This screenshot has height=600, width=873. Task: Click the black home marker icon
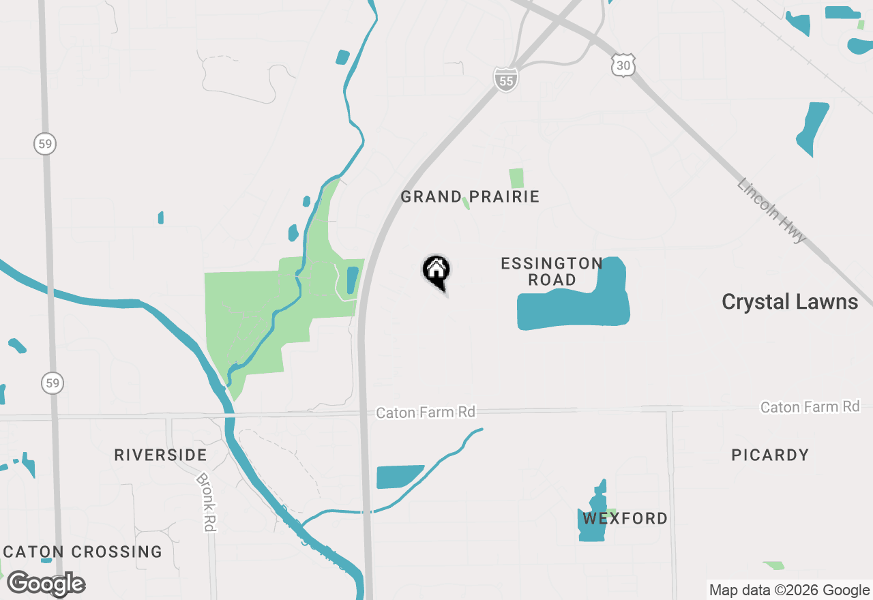click(436, 271)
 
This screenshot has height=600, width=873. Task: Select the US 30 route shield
click(623, 65)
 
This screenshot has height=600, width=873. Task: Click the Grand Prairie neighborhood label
click(470, 197)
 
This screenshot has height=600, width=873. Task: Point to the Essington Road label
click(552, 271)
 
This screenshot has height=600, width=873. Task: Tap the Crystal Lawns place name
click(790, 302)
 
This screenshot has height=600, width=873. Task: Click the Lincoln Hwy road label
click(771, 211)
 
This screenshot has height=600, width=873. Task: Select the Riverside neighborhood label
click(160, 455)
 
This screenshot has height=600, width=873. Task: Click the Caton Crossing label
click(83, 552)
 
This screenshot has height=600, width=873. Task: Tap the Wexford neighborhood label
click(625, 519)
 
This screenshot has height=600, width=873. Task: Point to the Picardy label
click(770, 455)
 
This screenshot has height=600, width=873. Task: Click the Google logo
click(46, 584)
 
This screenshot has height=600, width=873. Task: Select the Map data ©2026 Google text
click(788, 590)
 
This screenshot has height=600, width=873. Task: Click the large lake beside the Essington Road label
click(573, 308)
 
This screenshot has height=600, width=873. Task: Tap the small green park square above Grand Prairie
click(516, 178)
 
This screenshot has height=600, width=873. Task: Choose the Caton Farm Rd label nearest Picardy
click(810, 407)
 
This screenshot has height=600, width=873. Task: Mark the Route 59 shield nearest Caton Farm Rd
click(53, 382)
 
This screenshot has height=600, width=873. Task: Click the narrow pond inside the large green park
click(352, 280)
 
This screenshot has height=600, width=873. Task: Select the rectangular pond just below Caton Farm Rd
click(399, 477)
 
